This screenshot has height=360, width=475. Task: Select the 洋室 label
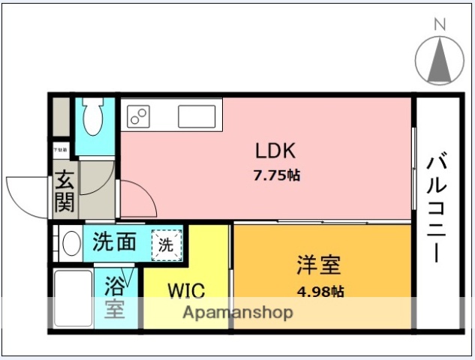319,265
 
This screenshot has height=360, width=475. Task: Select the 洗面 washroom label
115,242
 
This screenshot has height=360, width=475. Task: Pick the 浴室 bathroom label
115,297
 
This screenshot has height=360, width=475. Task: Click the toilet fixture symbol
94,118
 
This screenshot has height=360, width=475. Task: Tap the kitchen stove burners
139,116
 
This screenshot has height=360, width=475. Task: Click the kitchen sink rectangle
199,117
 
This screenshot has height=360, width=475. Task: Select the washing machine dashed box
166,243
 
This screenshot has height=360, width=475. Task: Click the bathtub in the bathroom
72,298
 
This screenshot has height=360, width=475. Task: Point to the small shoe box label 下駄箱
59,150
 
